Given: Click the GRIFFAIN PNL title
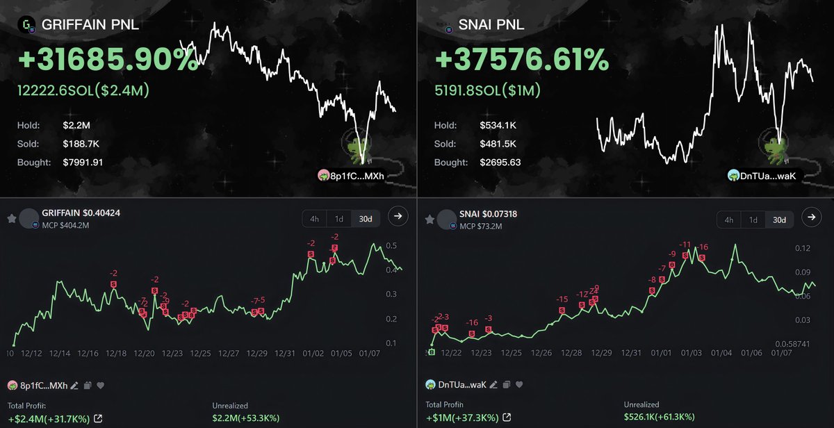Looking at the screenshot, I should pyautogui.click(x=90, y=25).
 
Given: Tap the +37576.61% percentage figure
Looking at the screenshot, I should pyautogui.click(x=521, y=61).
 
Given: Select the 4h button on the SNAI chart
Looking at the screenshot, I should pyautogui.click(x=729, y=220).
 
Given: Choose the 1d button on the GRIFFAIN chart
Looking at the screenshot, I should pyautogui.click(x=339, y=219).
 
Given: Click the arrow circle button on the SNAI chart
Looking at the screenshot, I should pyautogui.click(x=811, y=217).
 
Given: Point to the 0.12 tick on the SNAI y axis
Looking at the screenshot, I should pyautogui.click(x=803, y=248).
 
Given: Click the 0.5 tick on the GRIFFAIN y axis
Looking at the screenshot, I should pyautogui.click(x=391, y=246).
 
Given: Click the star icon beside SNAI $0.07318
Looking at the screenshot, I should pyautogui.click(x=430, y=219).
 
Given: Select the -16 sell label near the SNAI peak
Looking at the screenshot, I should pyautogui.click(x=703, y=247).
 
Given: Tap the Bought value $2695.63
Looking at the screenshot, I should pyautogui.click(x=500, y=162).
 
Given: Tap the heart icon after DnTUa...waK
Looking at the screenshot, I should pyautogui.click(x=519, y=384).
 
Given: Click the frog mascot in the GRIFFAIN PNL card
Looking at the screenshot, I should pyautogui.click(x=354, y=146).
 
